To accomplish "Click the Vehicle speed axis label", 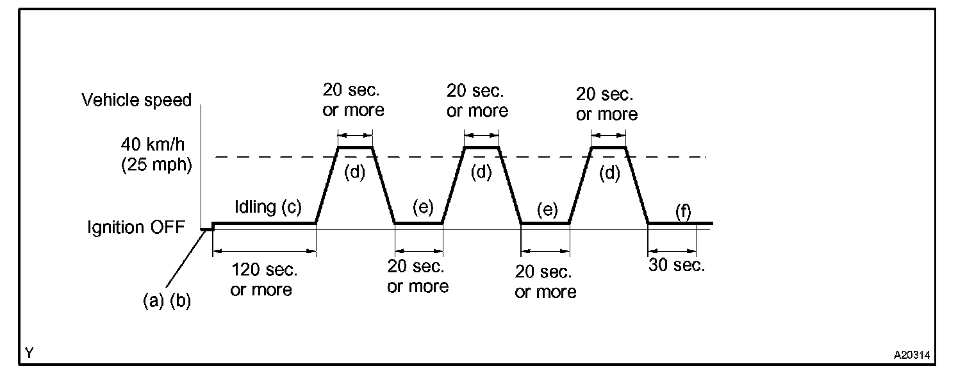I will [136, 100].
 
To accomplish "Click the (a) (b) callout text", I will [167, 301].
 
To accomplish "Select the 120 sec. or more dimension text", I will [261, 280].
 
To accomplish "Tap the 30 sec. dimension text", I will [676, 266].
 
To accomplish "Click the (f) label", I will [683, 211].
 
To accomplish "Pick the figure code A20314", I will [912, 354].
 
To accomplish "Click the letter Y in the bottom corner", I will [29, 353].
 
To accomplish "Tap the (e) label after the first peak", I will [423, 208].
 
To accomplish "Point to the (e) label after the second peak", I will [548, 210].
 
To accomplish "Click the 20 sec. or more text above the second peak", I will [477, 100].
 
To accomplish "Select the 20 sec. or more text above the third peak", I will [606, 104].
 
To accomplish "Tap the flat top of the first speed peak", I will [355, 147].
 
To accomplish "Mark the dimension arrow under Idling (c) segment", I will [264, 251].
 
